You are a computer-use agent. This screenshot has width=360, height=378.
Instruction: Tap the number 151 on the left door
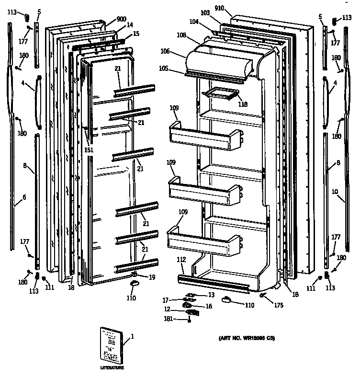(89, 150)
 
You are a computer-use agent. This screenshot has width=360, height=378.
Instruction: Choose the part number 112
(181, 259)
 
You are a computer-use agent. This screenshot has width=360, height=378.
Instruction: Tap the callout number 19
(152, 276)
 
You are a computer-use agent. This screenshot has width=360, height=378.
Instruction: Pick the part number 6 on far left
(24, 197)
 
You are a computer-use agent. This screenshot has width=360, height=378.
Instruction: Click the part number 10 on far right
(335, 192)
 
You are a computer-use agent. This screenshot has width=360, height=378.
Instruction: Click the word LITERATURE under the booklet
(112, 367)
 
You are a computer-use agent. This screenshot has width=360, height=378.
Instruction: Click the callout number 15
(136, 34)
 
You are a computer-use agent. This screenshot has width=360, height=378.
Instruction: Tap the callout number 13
(211, 294)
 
